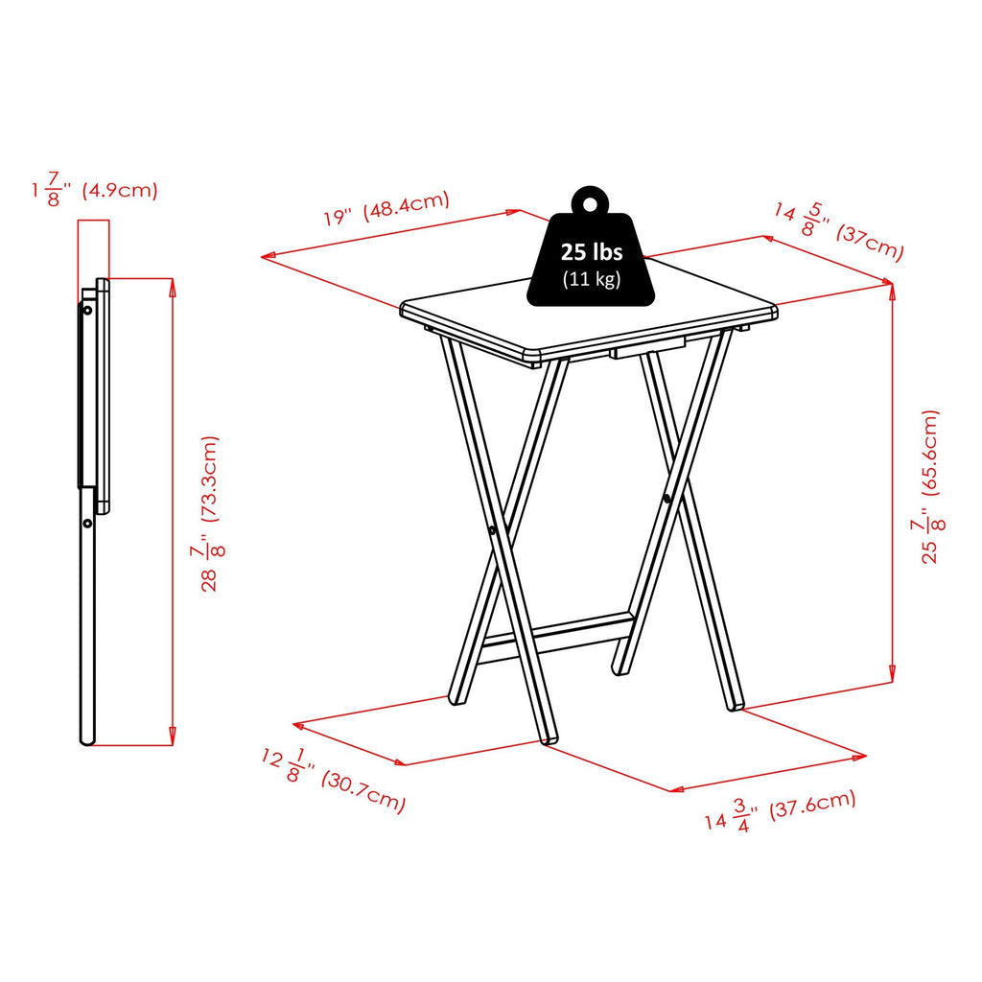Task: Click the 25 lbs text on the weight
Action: click(x=592, y=252)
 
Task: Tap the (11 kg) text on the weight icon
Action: click(x=592, y=279)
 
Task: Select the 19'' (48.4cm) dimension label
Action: click(x=386, y=209)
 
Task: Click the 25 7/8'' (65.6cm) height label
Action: click(x=931, y=486)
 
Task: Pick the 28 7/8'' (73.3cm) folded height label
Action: click(x=209, y=513)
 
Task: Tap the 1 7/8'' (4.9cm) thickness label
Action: click(x=94, y=190)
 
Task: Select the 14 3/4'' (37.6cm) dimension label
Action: click(x=780, y=811)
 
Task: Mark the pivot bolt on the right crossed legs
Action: click(x=666, y=498)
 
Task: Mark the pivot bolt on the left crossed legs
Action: click(x=491, y=529)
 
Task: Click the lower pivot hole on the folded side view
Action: click(x=87, y=524)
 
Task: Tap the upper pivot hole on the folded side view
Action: click(x=87, y=311)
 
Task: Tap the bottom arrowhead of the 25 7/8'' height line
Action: click(x=893, y=677)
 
